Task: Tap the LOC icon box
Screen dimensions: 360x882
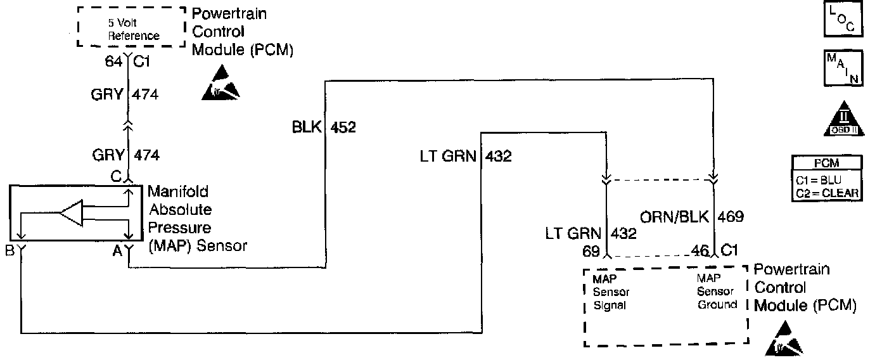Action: pyautogui.click(x=840, y=19)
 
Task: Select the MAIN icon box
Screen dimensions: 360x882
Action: pyautogui.click(x=840, y=68)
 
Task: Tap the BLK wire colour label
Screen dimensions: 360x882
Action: pyautogui.click(x=307, y=127)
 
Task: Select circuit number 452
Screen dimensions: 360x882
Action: pyautogui.click(x=342, y=127)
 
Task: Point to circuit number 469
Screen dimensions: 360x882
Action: pyautogui.click(x=731, y=217)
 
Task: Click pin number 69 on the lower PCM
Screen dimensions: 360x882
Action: pyautogui.click(x=591, y=252)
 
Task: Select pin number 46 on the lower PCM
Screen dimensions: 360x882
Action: pyautogui.click(x=700, y=252)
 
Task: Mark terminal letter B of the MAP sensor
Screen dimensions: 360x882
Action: pyautogui.click(x=10, y=250)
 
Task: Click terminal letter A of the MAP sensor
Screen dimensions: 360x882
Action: pyautogui.click(x=117, y=250)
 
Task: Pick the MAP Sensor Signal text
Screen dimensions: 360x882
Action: pyautogui.click(x=610, y=292)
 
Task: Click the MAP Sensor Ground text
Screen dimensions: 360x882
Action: pyautogui.click(x=717, y=292)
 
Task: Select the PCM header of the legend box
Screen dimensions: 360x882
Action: pyautogui.click(x=827, y=163)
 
